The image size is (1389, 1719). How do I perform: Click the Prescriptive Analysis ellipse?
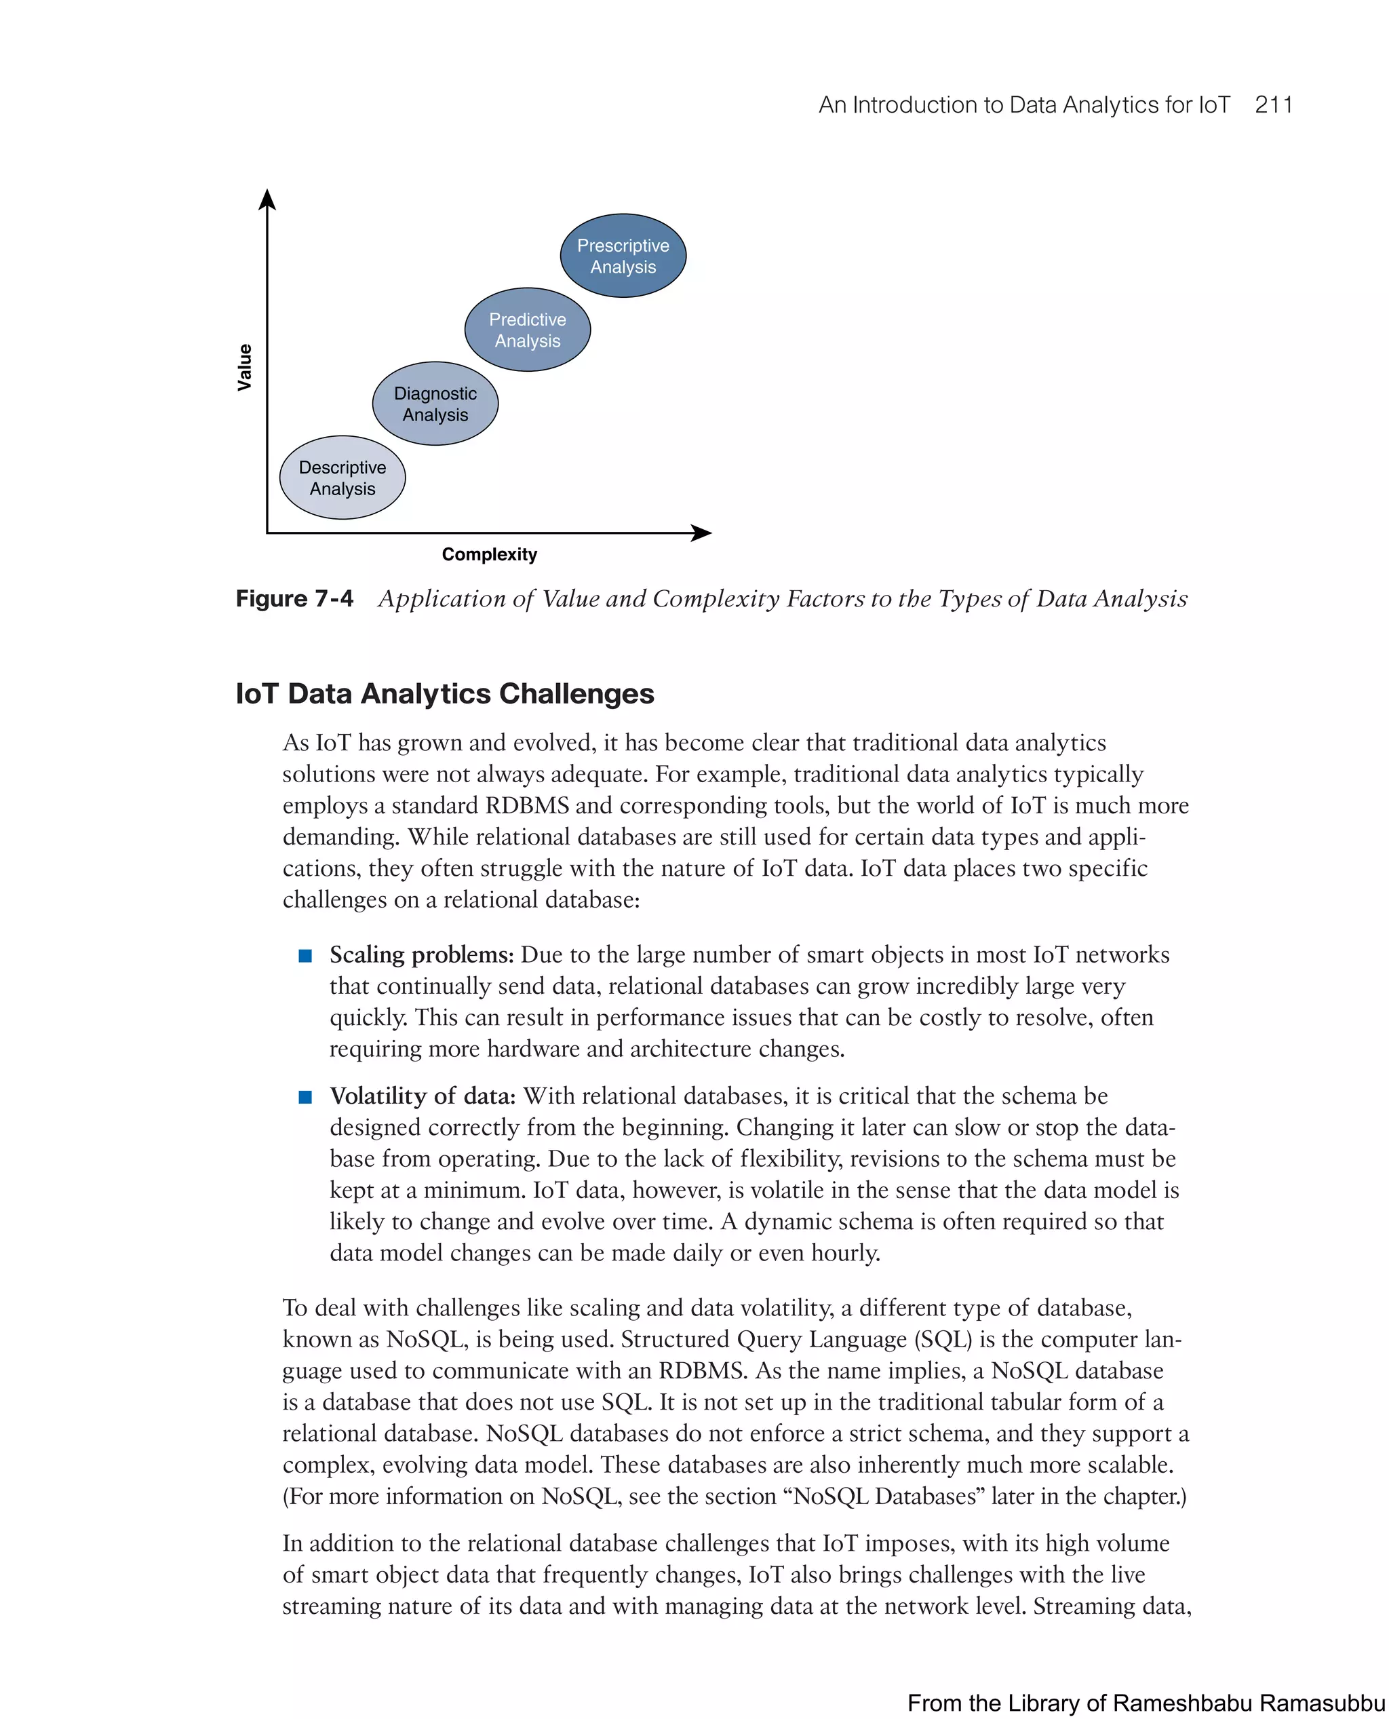623,256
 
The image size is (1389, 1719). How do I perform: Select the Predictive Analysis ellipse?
527,330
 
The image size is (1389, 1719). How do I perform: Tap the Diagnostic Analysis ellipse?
435,404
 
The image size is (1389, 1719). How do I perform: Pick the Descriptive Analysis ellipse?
342,478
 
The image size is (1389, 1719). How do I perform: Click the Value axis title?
245,367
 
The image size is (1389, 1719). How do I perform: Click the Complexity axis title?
489,555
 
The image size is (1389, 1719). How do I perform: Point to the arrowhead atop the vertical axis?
267,199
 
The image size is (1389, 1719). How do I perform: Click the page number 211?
1273,105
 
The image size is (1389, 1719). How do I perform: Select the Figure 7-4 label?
294,598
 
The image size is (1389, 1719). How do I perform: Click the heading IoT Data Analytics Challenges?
444,693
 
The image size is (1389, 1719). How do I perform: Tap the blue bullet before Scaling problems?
305,956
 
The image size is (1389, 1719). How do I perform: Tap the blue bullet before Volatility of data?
305,1097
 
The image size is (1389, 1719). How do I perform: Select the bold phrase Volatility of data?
423,1096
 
